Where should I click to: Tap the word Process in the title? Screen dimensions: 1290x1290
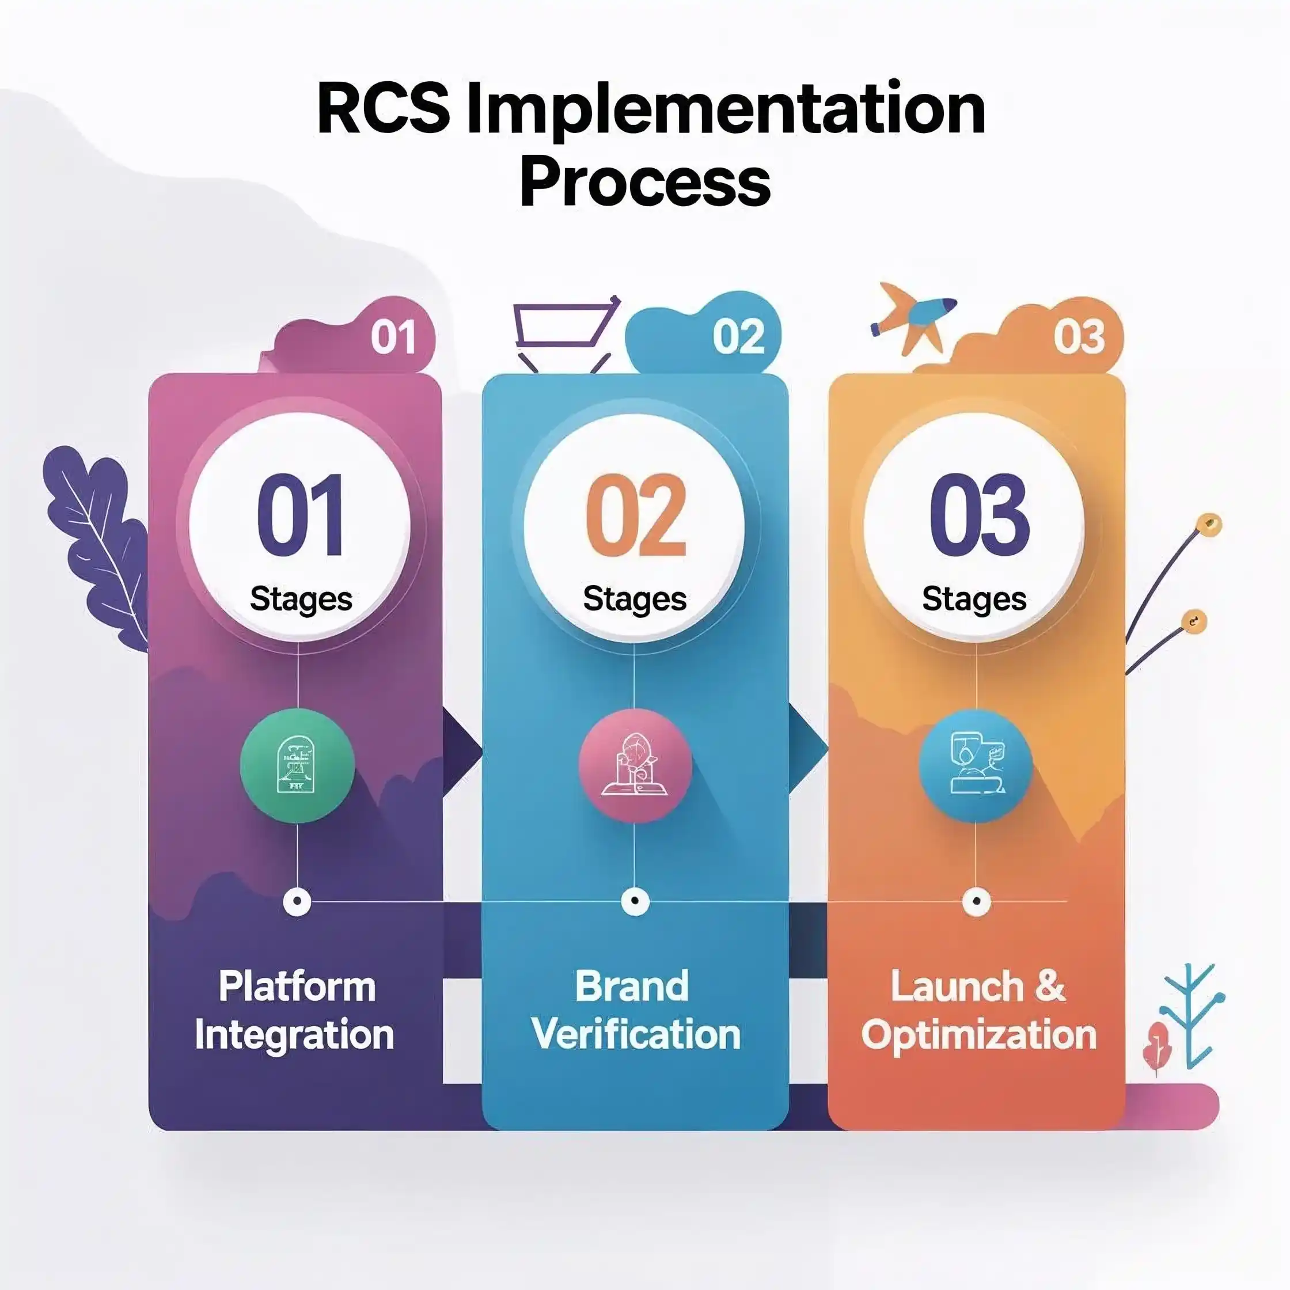click(645, 181)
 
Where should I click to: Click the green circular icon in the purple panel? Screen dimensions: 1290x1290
click(297, 766)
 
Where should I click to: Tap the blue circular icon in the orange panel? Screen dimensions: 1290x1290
click(976, 766)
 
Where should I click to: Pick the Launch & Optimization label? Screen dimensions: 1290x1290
click(978, 1010)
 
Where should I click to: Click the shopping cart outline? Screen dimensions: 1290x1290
click(564, 331)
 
